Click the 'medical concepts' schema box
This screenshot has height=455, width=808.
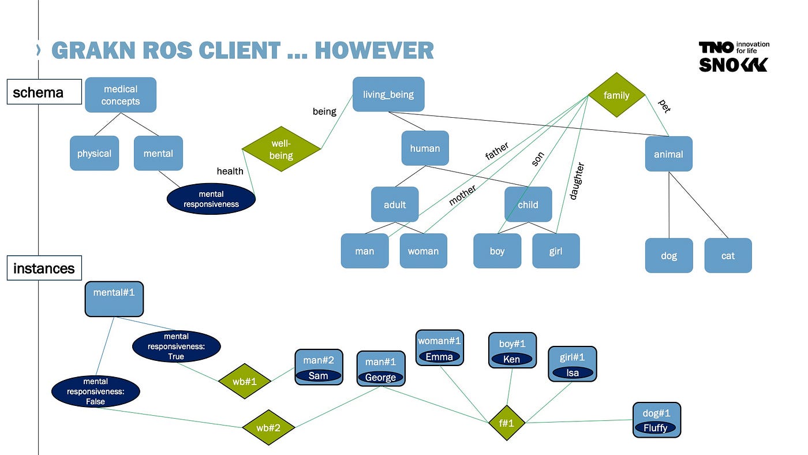pyautogui.click(x=121, y=95)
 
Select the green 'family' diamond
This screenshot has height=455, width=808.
pyautogui.click(x=616, y=95)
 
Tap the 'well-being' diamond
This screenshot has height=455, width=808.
pyautogui.click(x=281, y=149)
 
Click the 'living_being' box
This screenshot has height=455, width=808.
pyautogui.click(x=388, y=94)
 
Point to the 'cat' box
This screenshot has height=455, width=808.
pyautogui.click(x=728, y=255)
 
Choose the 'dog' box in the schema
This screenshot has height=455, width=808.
pyautogui.click(x=668, y=255)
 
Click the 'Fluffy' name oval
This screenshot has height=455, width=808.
pyautogui.click(x=655, y=428)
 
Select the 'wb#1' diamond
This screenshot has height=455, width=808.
pyautogui.click(x=245, y=381)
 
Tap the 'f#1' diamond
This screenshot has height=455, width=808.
pyautogui.click(x=506, y=423)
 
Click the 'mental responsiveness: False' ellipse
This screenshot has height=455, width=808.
pyautogui.click(x=96, y=391)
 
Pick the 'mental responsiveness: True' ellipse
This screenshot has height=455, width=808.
pyautogui.click(x=176, y=346)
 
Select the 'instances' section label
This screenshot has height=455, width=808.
pyautogui.click(x=44, y=268)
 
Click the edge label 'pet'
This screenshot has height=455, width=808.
pyautogui.click(x=664, y=106)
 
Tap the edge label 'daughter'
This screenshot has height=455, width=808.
pyautogui.click(x=577, y=181)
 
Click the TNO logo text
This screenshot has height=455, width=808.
pyautogui.click(x=716, y=47)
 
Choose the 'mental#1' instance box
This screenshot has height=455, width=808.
pyautogui.click(x=114, y=299)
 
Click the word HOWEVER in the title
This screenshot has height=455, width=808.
pyautogui.click(x=374, y=51)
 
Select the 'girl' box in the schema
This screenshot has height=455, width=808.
pyautogui.click(x=556, y=251)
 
